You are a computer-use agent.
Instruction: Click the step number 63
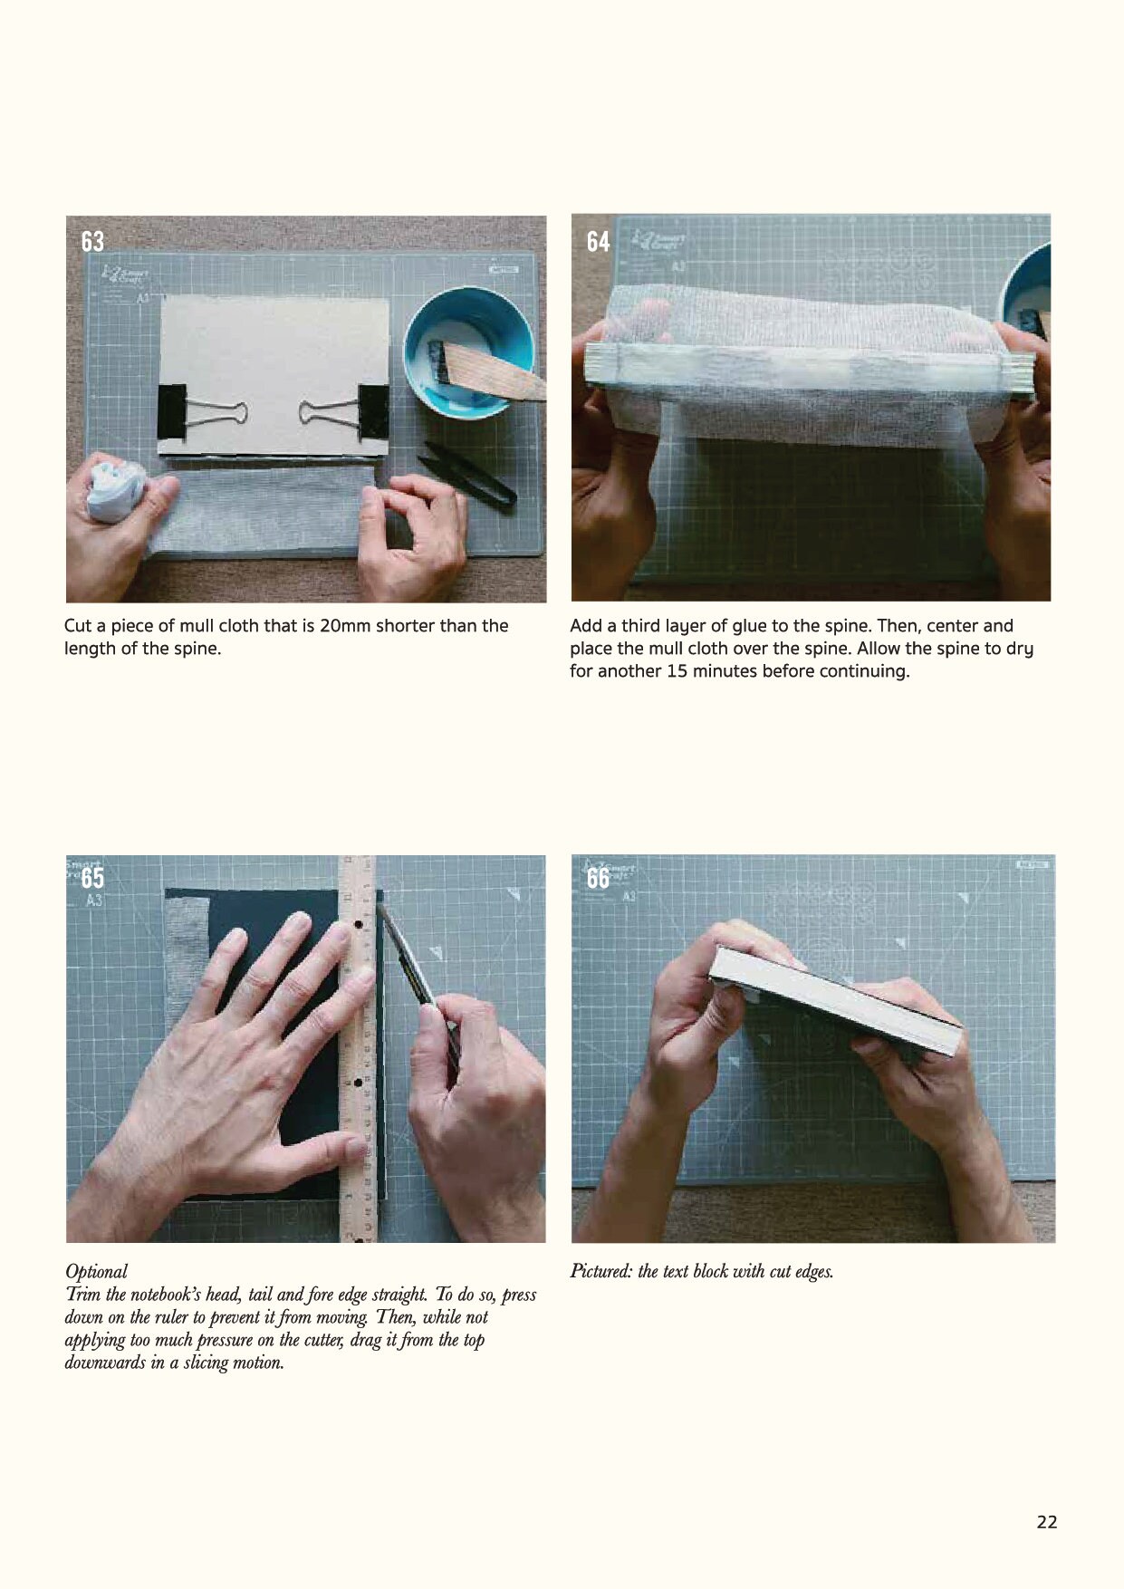pos(92,242)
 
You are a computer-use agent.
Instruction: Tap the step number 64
pos(598,242)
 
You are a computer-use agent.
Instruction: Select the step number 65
pos(92,878)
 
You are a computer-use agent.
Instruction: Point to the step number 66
pos(598,878)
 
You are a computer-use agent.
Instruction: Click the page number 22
pos(1046,1522)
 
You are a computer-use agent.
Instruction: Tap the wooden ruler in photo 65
pos(356,1042)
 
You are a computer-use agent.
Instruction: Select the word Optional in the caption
pos(96,1271)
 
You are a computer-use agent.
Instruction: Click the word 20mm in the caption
pos(345,626)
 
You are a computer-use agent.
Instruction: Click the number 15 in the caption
pos(677,671)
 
